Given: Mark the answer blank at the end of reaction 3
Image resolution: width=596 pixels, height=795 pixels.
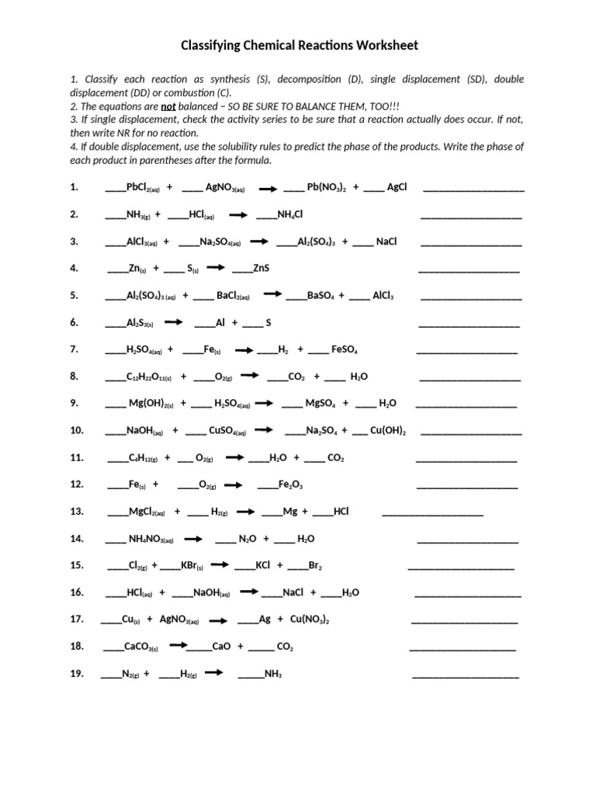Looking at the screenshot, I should (x=471, y=243).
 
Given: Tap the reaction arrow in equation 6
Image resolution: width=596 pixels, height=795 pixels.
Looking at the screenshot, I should (x=172, y=322).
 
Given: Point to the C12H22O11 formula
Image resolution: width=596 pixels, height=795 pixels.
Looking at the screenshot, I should (x=149, y=377).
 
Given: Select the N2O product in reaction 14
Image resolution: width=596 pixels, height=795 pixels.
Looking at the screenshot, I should (x=248, y=539).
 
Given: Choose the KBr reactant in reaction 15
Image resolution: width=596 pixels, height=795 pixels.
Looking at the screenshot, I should (x=192, y=566).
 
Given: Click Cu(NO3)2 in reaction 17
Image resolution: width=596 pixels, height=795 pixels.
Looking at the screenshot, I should (x=310, y=620).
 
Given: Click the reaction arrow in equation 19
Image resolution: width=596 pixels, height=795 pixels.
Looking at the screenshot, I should (x=214, y=673).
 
